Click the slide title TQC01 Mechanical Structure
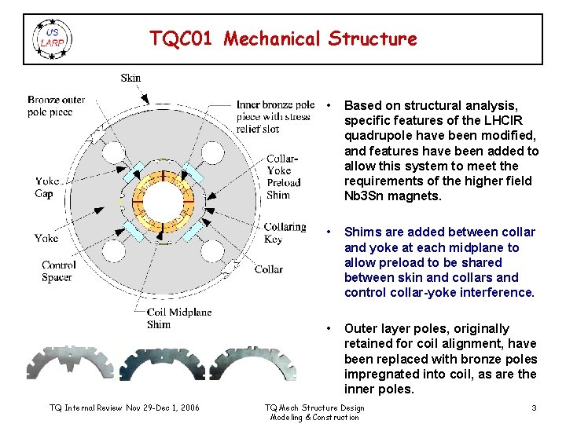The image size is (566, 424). pos(284,38)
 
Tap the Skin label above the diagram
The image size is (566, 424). pos(130,78)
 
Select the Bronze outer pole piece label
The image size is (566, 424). pos(56,106)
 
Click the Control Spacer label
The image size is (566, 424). pos(59,271)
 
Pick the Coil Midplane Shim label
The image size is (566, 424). pos(179,318)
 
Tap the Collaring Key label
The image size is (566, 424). pos(285,232)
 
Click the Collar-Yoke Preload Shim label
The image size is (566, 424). pos(280,177)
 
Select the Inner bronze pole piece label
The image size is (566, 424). pos(275,111)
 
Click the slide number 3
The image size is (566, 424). pos(534,408)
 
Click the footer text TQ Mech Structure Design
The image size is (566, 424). pos(314,408)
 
